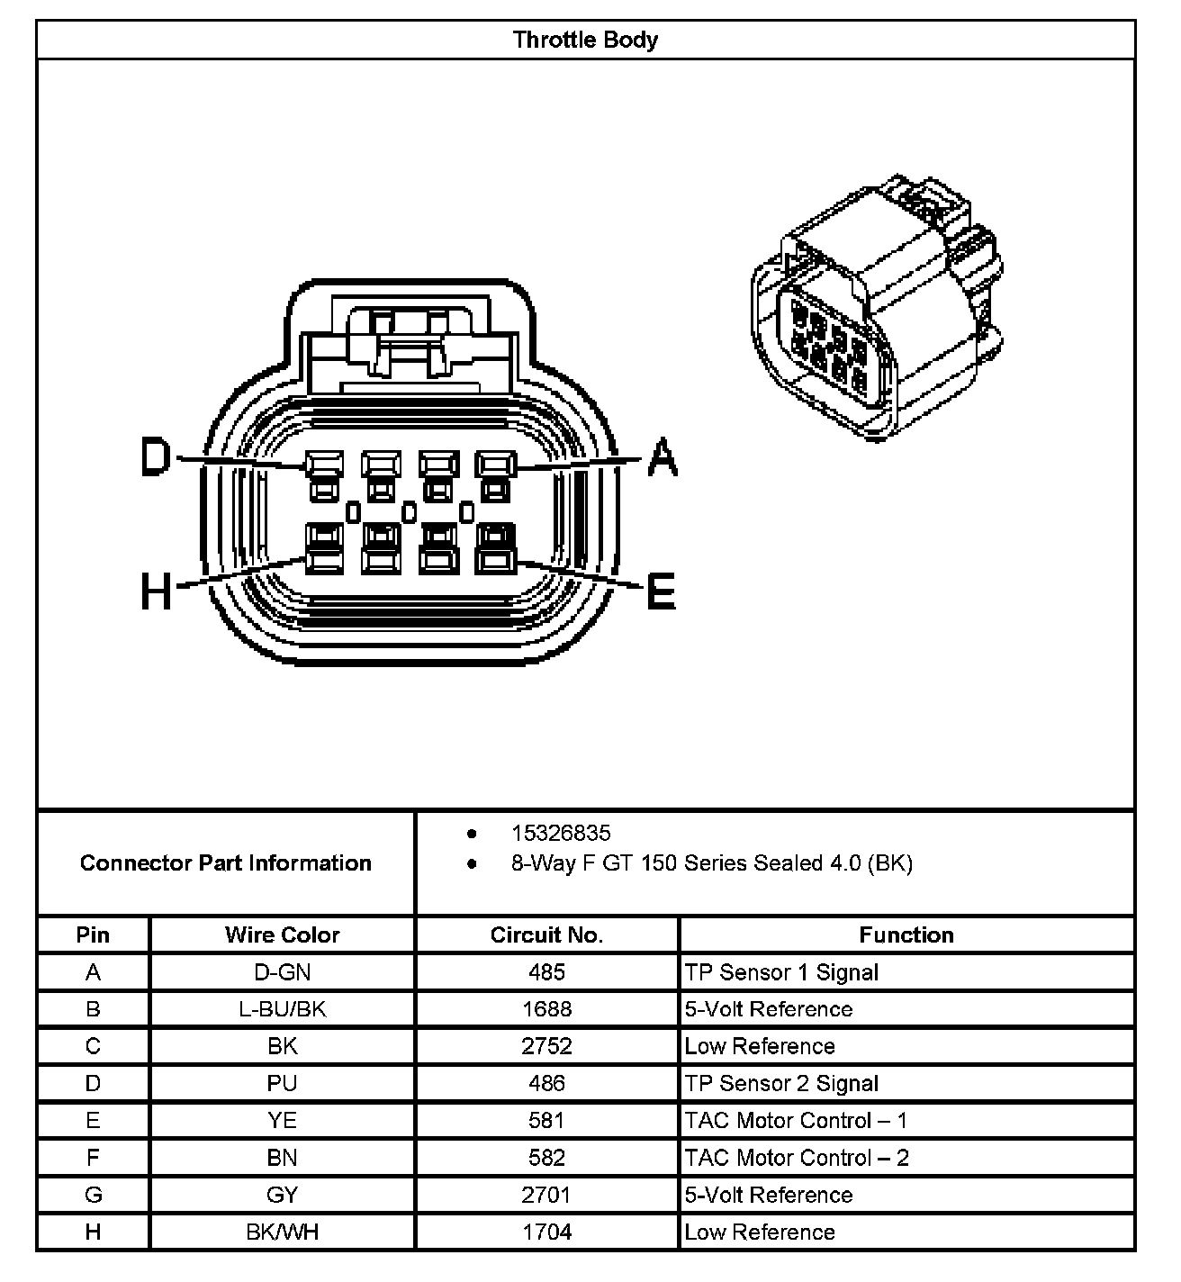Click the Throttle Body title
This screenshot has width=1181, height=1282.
[x=585, y=40]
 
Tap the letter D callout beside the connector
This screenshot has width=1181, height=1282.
[x=156, y=457]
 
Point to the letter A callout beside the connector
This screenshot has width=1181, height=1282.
[x=663, y=457]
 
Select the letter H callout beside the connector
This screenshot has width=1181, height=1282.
[x=156, y=592]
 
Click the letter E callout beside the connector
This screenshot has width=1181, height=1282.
[x=662, y=592]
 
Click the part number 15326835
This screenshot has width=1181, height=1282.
[x=561, y=833]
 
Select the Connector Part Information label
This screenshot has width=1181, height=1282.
[x=226, y=863]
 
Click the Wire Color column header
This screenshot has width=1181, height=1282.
[x=282, y=934]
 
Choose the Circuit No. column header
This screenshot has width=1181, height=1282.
[x=546, y=934]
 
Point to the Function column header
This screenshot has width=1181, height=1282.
[x=906, y=934]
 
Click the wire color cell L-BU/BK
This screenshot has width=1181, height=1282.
[x=282, y=1009]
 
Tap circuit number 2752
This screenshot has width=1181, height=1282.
[x=546, y=1046]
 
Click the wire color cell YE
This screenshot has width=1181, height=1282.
[x=282, y=1121]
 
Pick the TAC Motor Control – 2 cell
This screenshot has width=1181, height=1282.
[x=797, y=1158]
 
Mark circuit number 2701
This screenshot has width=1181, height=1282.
[x=546, y=1195]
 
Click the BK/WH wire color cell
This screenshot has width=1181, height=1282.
[x=282, y=1232]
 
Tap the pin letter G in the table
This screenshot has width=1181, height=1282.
[x=93, y=1195]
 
